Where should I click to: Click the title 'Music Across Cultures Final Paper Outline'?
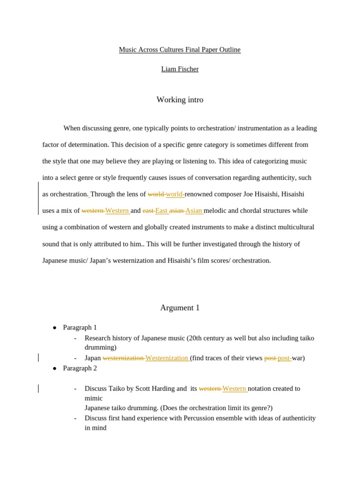[x=180, y=50]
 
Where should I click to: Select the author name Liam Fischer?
[x=180, y=69]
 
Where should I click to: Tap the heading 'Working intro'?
[x=180, y=100]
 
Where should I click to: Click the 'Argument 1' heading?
[x=180, y=307]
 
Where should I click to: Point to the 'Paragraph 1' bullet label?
[x=80, y=327]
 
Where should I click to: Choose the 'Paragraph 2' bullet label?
[x=80, y=368]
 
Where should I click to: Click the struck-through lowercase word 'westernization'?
[x=123, y=358]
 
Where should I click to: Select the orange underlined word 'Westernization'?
[x=167, y=358]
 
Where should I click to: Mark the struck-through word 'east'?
[x=148, y=210]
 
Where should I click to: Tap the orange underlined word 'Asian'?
[x=194, y=210]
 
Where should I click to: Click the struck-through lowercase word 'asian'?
[x=176, y=210]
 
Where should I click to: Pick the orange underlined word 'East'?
[x=161, y=210]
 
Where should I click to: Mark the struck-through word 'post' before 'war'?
[x=270, y=358]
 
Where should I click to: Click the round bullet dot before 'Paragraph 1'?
[x=54, y=328]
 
